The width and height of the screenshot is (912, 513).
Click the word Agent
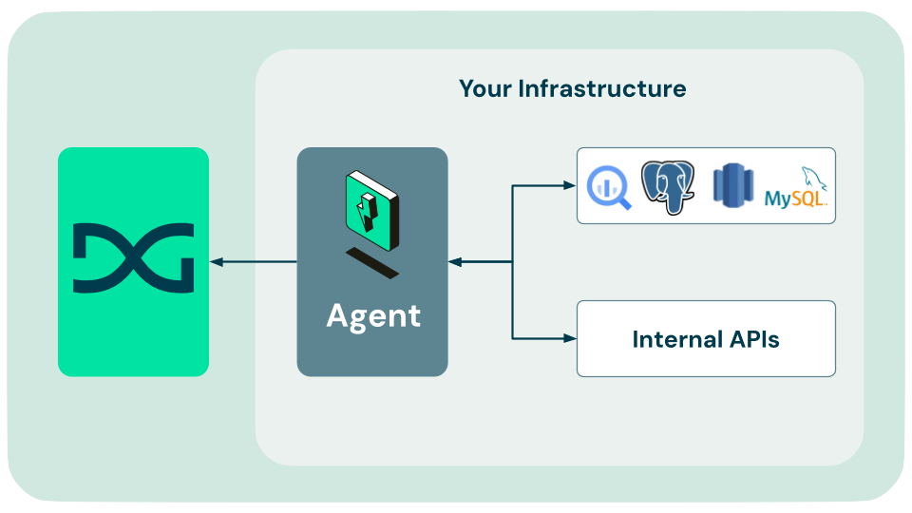point(372,315)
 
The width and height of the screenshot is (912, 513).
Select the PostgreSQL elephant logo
point(668,186)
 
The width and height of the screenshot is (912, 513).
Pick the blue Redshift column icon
point(732,183)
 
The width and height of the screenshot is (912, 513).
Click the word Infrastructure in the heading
point(602,89)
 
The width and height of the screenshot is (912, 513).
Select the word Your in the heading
point(485,89)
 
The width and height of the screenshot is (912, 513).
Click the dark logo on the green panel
point(133,257)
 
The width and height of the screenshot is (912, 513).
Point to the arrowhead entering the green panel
point(216,261)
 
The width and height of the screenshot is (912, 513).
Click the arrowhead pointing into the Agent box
point(454,261)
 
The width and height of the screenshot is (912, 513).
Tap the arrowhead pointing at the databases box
point(571,185)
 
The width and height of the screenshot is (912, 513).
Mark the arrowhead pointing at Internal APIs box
point(571,338)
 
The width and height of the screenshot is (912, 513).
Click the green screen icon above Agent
point(371,205)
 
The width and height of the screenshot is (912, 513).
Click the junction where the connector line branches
point(513,261)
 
